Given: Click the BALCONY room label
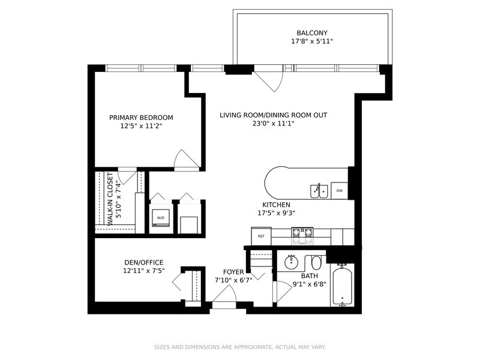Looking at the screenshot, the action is [312, 33].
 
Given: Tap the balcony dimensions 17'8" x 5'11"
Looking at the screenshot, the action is [312, 41].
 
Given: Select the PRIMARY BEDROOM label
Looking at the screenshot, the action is [141, 118].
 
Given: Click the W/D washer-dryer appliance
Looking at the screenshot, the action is [161, 218].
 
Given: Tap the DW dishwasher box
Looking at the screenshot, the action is [340, 191].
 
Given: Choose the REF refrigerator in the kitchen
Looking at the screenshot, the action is [261, 236].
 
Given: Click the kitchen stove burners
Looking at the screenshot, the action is [302, 236].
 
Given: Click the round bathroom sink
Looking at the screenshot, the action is [291, 262].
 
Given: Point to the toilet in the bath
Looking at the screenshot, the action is [316, 262].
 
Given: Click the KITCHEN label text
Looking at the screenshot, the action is [276, 205].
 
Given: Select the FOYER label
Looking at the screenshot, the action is [233, 272].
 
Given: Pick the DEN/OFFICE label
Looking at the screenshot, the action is [144, 262].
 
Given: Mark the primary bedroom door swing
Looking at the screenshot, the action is [187, 160].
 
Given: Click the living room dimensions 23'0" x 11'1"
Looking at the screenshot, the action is [274, 124].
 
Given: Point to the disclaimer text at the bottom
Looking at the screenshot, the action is [239, 347].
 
